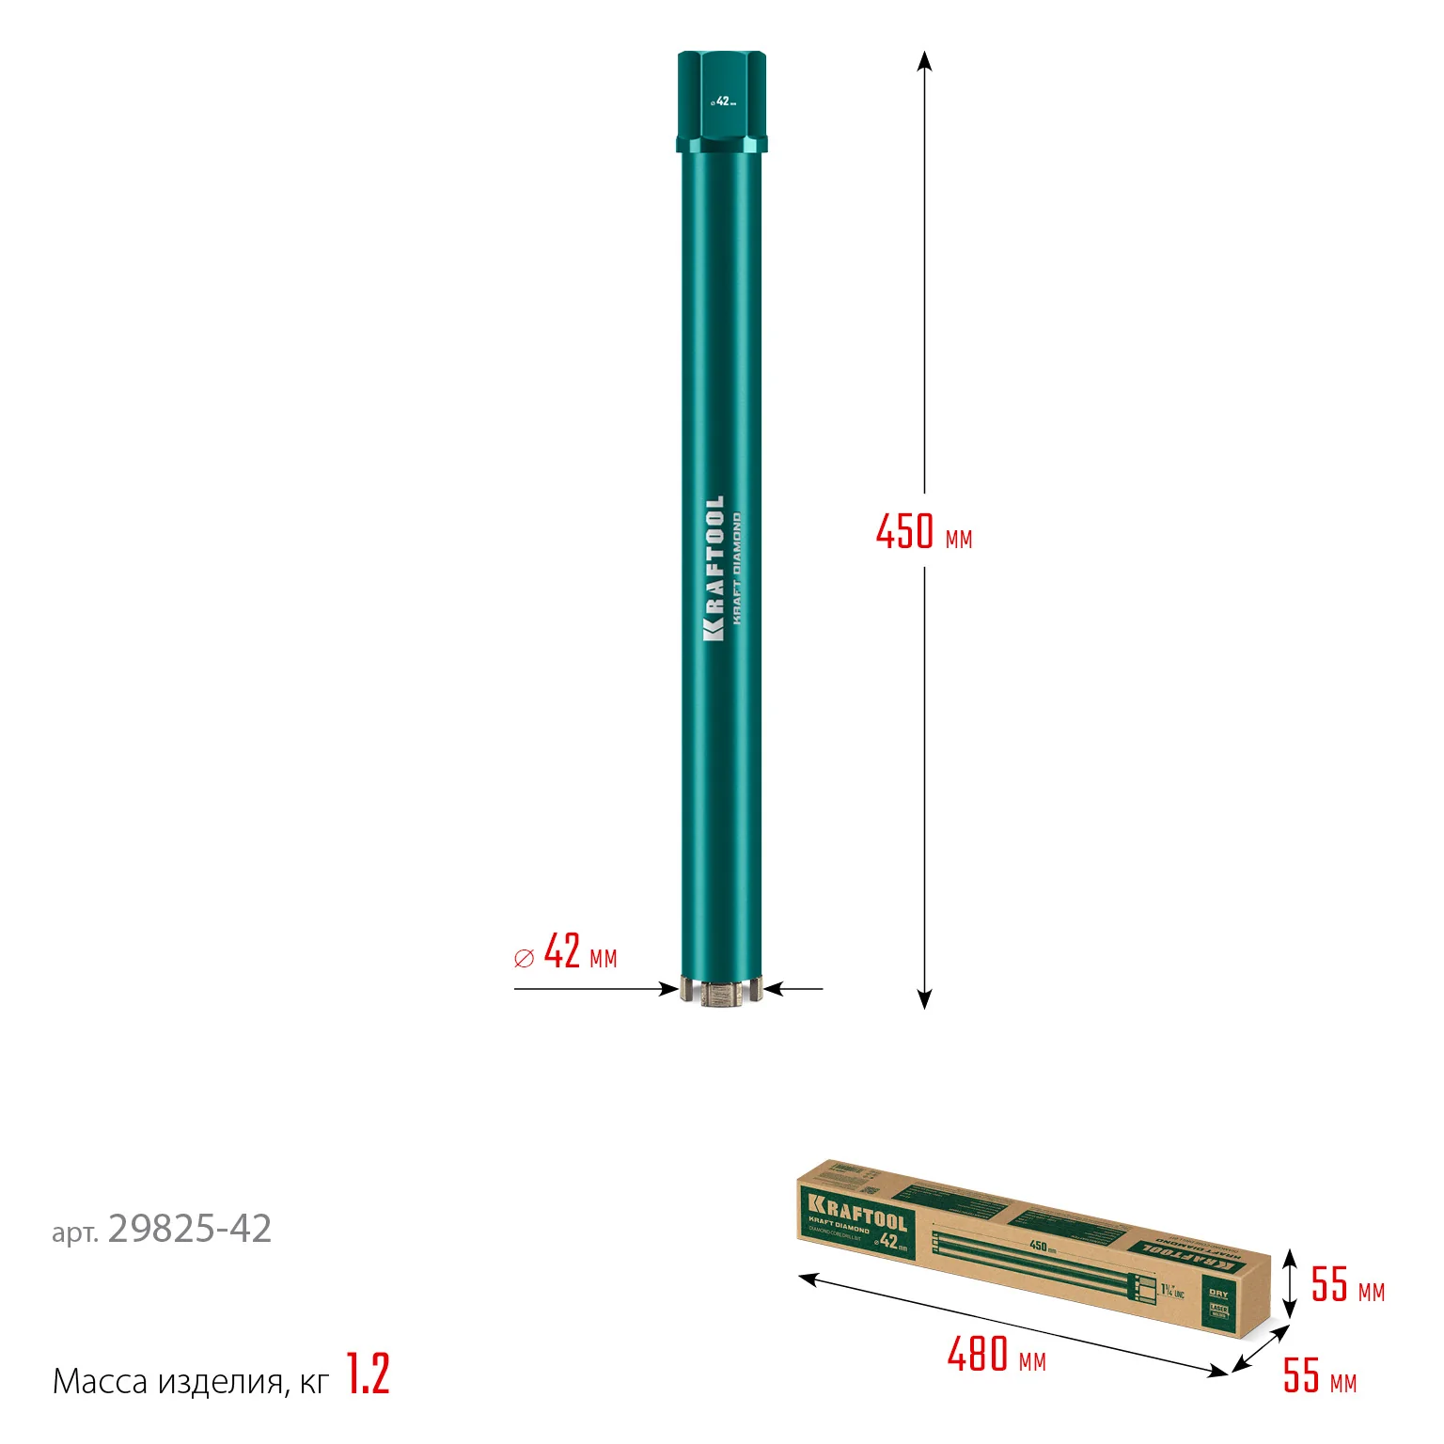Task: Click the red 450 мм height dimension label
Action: point(923,532)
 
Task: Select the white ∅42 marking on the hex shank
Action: point(722,102)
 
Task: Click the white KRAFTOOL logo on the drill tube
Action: point(714,569)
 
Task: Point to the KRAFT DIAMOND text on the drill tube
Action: point(737,569)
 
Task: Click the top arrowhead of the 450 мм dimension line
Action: point(924,60)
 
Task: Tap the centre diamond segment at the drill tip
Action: point(722,993)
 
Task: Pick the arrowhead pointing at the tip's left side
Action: point(669,988)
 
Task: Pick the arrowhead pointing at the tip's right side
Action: point(775,988)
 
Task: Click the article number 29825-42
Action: point(189,1229)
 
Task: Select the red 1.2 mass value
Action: point(368,1373)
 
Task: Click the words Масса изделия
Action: point(167,1381)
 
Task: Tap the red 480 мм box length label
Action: point(996,1355)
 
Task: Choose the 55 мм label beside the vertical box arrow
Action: point(1347,1284)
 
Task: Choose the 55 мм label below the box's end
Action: point(1319,1375)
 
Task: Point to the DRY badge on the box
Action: point(1218,1294)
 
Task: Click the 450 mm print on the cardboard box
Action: point(1042,1247)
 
